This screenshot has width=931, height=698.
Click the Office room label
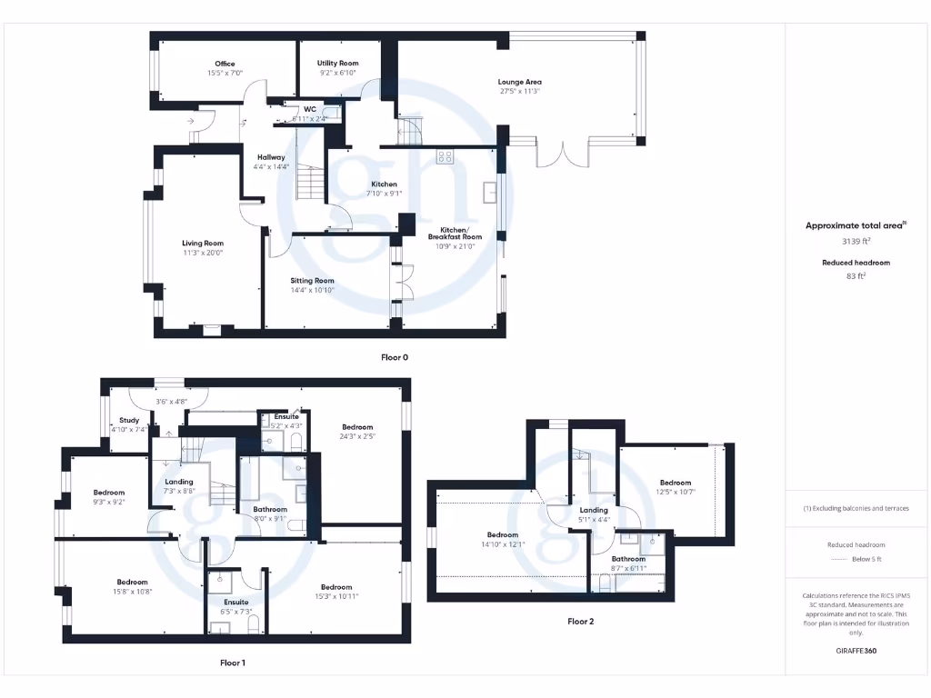point(225,64)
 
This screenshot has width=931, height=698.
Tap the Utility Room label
point(337,64)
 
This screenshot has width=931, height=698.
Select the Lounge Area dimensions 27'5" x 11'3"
point(519,91)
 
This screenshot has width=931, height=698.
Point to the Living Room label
point(203,243)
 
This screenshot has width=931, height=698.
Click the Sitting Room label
point(312,281)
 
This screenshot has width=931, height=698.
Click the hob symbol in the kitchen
point(445,156)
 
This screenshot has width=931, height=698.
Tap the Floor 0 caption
point(395,357)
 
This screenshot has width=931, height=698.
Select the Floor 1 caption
point(233,663)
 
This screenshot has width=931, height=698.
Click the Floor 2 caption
point(580,622)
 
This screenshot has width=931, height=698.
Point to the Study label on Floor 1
point(129,420)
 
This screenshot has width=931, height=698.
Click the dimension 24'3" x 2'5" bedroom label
point(357,436)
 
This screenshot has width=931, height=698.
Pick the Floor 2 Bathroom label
point(628,559)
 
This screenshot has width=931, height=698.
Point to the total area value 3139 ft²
point(856,241)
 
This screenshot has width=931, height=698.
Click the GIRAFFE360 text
point(856,651)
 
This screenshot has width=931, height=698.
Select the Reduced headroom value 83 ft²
point(856,275)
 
